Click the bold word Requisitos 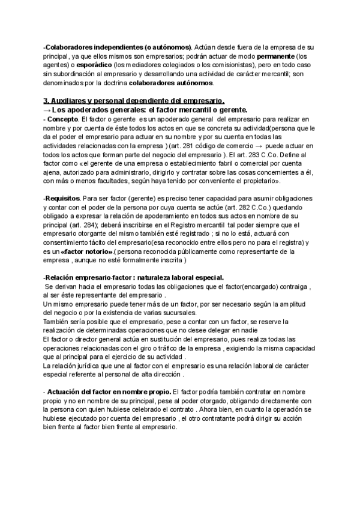point(62,197)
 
